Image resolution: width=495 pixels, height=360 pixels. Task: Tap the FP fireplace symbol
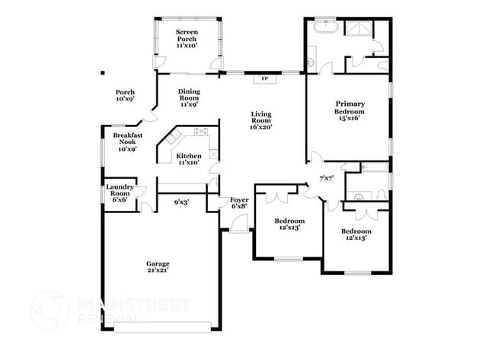coord(265,78)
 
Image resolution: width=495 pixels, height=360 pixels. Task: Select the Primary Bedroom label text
coord(350,110)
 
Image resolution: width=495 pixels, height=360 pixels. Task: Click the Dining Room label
coord(189,98)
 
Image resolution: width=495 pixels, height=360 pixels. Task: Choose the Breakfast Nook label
coord(127,142)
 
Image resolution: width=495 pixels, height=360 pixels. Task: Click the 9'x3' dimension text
coord(181,202)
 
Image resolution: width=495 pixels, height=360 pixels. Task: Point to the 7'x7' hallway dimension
coord(326,178)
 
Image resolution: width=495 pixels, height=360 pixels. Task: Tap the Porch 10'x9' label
coord(125,96)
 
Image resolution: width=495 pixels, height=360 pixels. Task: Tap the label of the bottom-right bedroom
coord(356,234)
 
